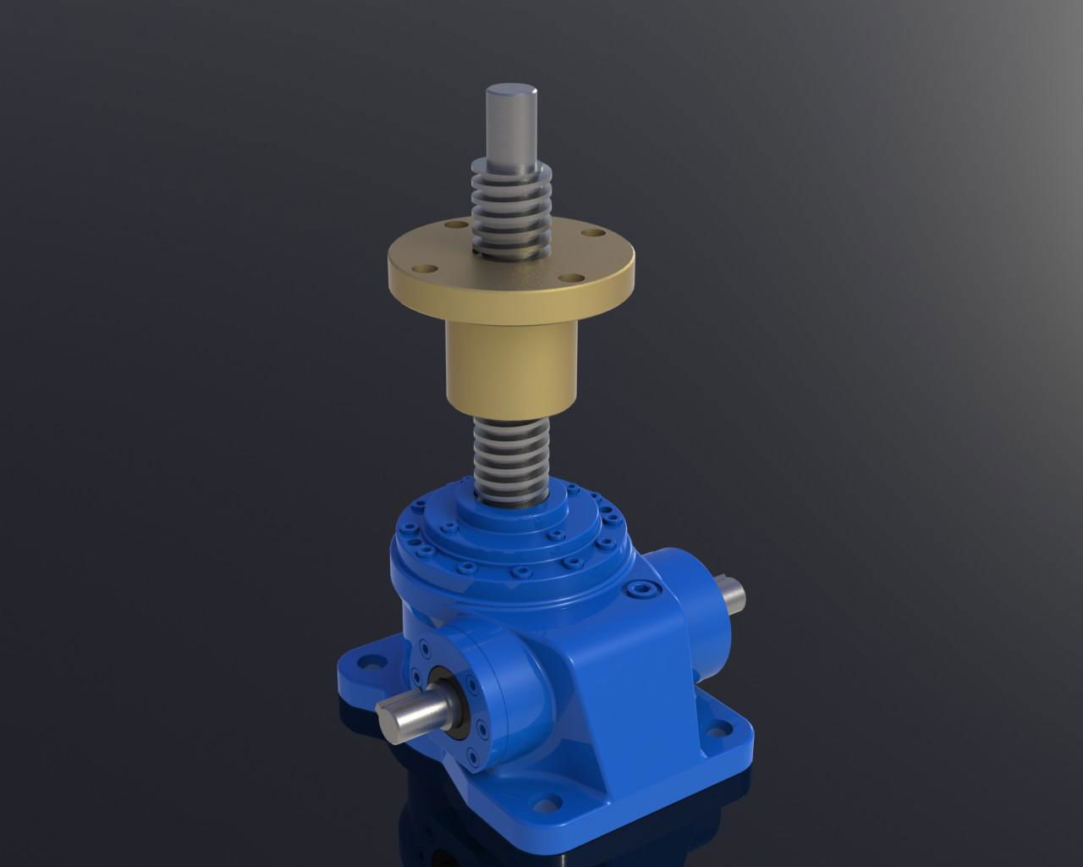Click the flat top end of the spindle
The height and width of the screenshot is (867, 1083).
[x=511, y=87]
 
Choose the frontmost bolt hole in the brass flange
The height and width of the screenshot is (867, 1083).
[x=574, y=277]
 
